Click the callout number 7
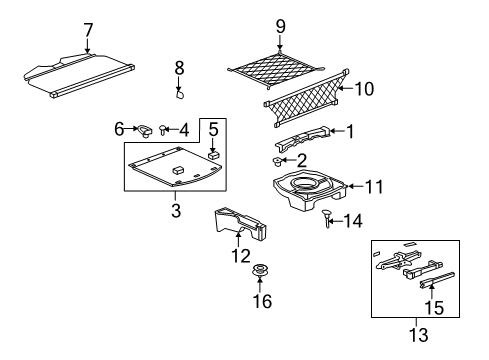pos(87,29)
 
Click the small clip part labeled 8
pos(179,96)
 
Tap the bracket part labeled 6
pos(146,129)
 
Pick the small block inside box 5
pos(213,154)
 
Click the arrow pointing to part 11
pos(346,186)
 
